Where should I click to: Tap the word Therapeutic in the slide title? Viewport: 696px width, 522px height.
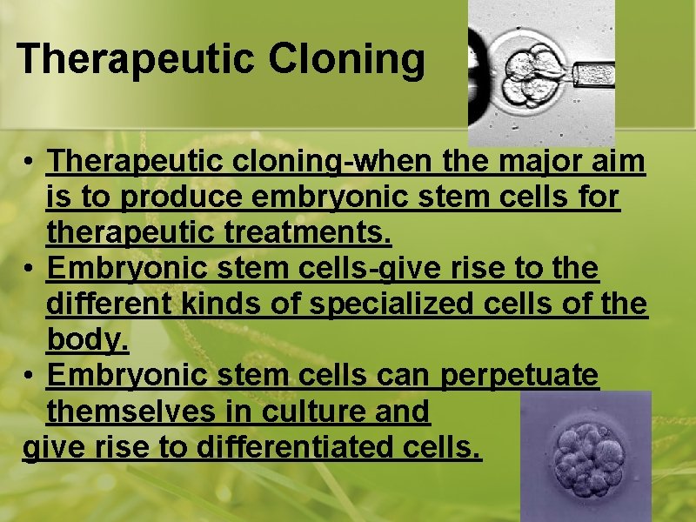[x=135, y=59]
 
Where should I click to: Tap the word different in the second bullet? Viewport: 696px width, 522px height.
[x=97, y=304]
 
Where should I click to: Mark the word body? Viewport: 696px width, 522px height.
[x=87, y=340]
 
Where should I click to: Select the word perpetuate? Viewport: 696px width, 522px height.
[x=520, y=376]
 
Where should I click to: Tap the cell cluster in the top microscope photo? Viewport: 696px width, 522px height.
[x=532, y=73]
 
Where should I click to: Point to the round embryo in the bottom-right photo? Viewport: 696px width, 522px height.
[x=584, y=453]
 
